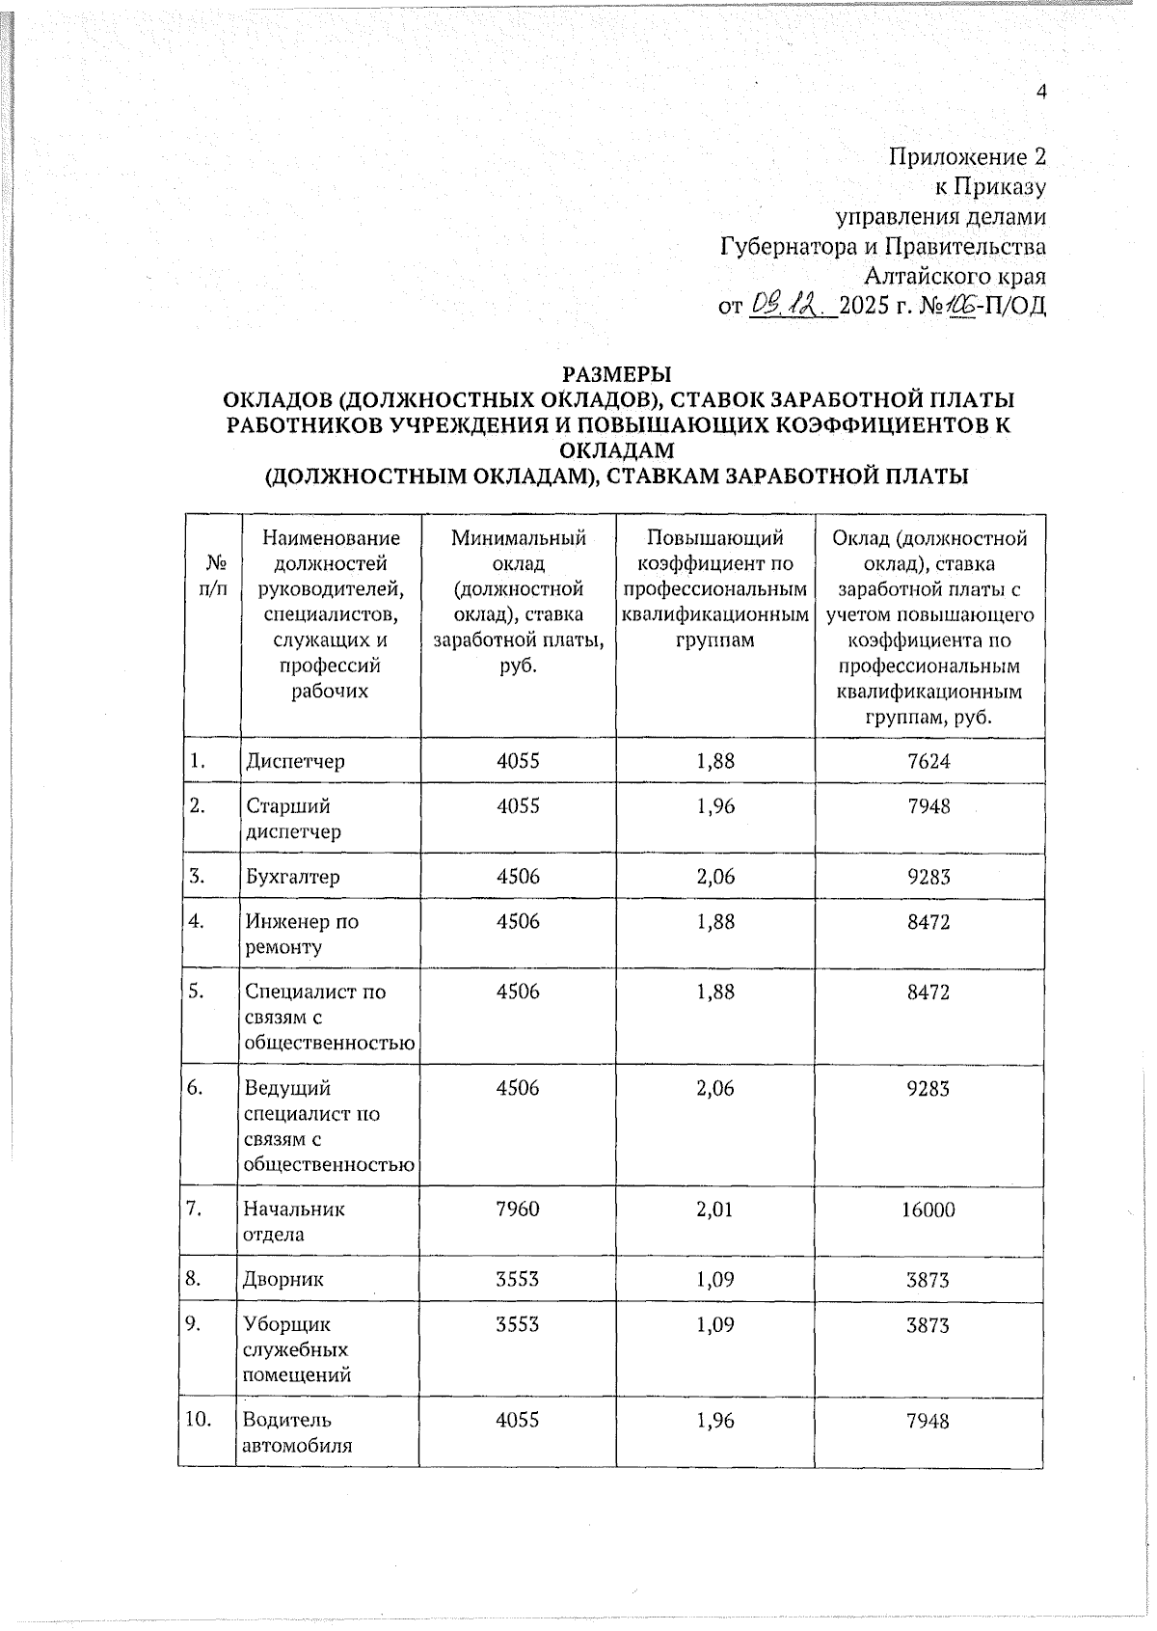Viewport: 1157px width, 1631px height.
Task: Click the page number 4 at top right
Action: click(1040, 92)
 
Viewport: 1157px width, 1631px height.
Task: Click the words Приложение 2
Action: click(966, 156)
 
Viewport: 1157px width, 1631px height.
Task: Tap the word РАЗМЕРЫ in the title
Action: click(617, 373)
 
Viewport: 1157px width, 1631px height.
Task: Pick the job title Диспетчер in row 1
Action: click(295, 761)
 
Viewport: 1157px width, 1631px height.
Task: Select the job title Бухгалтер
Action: click(292, 877)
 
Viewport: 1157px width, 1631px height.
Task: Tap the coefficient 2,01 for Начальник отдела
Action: click(714, 1209)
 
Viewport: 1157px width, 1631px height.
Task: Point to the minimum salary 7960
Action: click(517, 1209)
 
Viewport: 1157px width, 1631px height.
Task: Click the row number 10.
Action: click(203, 1420)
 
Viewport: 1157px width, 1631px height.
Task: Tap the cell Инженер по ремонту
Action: click(301, 934)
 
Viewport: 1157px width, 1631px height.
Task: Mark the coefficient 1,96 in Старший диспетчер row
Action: click(714, 805)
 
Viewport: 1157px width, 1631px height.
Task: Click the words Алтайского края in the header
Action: click(954, 277)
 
